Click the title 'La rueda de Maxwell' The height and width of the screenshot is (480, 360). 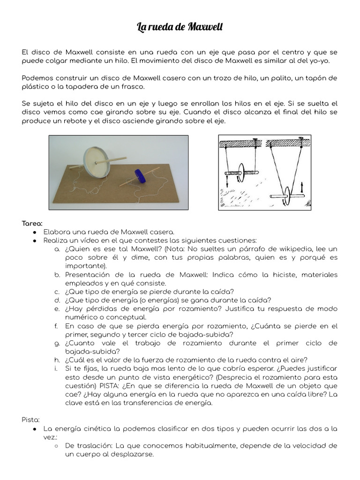coord(180,27)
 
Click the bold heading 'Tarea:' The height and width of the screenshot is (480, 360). coord(32,223)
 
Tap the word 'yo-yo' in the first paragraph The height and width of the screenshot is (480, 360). coord(328,61)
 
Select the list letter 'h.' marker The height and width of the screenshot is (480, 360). coord(57,360)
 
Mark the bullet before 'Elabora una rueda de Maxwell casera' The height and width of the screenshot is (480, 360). coord(35,232)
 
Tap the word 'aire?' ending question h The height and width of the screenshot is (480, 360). coord(297,360)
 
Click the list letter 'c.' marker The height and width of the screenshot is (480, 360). coord(57,292)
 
